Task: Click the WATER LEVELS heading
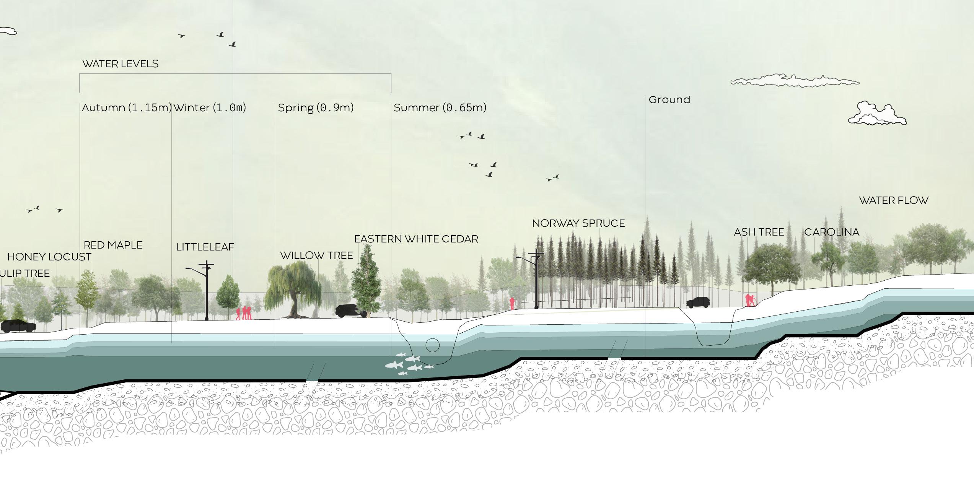(120, 64)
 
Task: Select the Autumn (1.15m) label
(127, 108)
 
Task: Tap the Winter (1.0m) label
(210, 108)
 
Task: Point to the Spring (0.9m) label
(316, 108)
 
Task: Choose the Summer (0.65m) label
(440, 108)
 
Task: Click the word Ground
(669, 100)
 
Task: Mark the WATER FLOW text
(894, 200)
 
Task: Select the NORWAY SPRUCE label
(578, 223)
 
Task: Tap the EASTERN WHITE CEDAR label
(416, 239)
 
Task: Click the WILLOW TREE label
(316, 255)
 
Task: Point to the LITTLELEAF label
(205, 247)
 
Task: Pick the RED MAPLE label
(113, 245)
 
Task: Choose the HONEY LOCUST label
(49, 257)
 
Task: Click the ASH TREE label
(759, 232)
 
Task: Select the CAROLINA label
(832, 232)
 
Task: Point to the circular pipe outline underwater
(432, 345)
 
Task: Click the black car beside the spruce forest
(698, 302)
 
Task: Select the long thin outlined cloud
(794, 81)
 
